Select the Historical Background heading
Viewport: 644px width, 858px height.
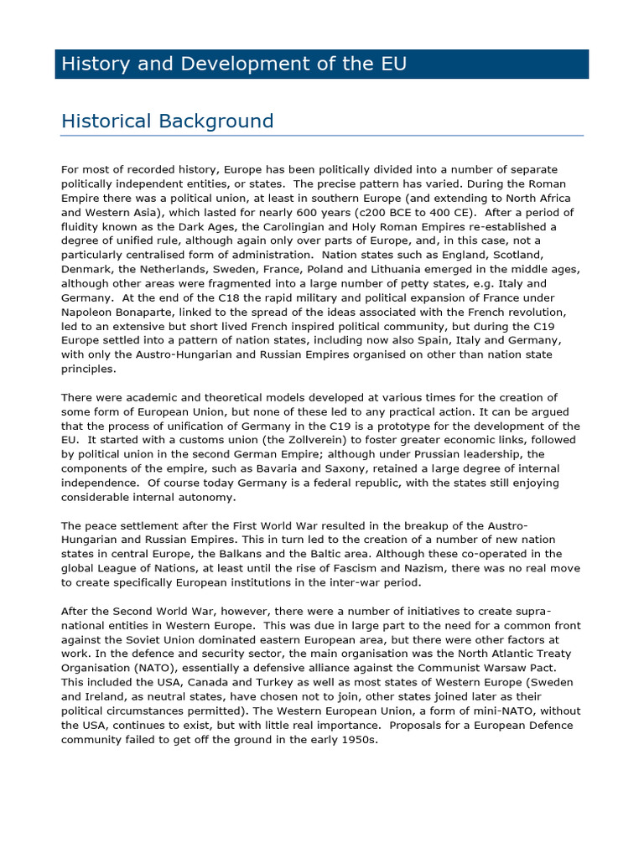(x=168, y=121)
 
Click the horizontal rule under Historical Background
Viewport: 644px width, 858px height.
(x=322, y=136)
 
